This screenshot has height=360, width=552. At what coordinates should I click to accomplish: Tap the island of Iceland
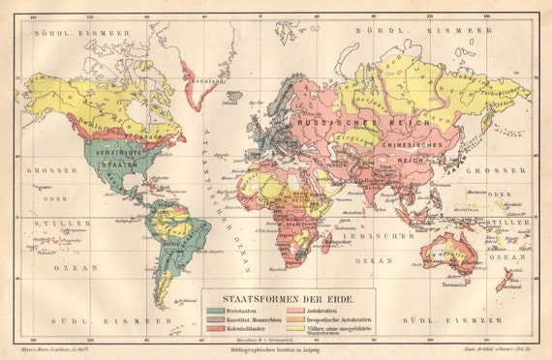(230, 97)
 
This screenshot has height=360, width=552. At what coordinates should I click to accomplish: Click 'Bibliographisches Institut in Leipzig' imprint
(275, 350)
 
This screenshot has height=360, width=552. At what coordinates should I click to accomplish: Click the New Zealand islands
(506, 279)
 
